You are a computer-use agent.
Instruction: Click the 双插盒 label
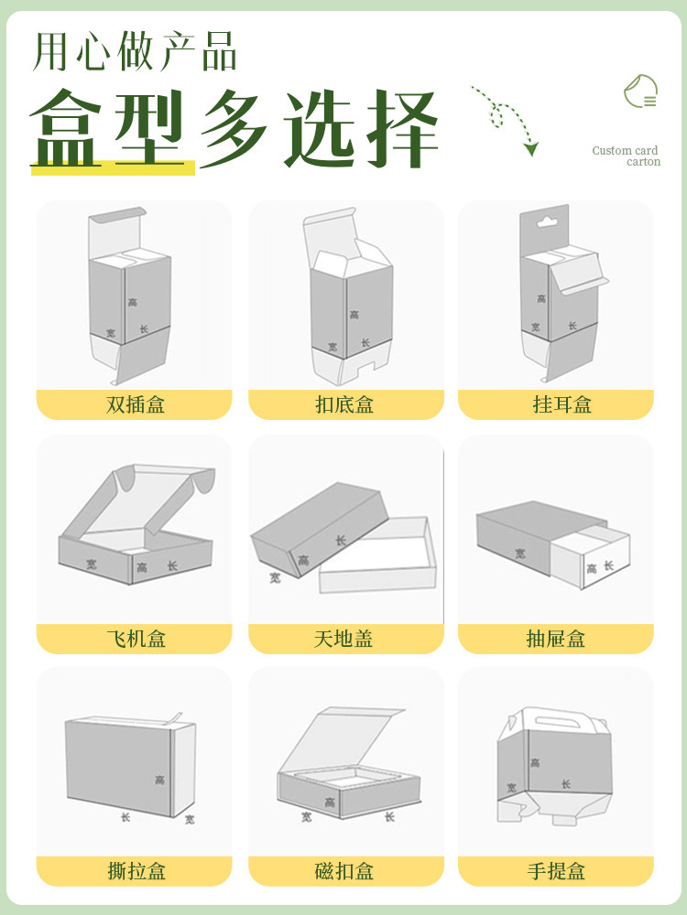(x=136, y=404)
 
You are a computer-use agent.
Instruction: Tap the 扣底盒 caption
(x=344, y=404)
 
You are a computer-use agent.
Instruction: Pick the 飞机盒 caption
(x=136, y=639)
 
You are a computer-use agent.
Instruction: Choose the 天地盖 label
(x=344, y=639)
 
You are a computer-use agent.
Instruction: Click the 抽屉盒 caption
(x=555, y=639)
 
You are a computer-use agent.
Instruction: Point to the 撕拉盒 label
(x=136, y=871)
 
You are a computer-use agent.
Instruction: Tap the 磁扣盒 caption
(x=344, y=871)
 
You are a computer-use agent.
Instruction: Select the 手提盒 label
(x=555, y=871)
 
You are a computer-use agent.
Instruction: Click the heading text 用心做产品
(x=136, y=51)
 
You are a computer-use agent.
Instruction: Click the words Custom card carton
(x=627, y=156)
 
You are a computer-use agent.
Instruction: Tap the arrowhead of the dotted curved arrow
(x=531, y=148)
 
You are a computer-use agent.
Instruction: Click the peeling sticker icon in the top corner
(x=641, y=92)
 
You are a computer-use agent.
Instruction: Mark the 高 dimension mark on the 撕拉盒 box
(x=159, y=780)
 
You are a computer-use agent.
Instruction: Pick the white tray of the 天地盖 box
(x=376, y=560)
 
